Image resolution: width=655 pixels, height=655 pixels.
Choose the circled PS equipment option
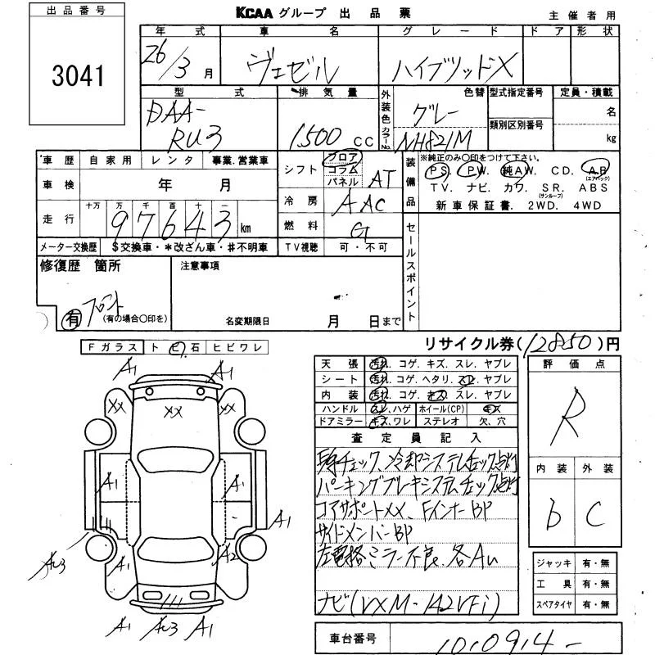[x=440, y=171]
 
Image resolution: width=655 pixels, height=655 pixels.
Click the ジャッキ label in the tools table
[x=548, y=563]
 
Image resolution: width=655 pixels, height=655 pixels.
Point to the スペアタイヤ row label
[x=552, y=605]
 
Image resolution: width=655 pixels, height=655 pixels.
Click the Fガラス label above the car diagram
[x=113, y=348]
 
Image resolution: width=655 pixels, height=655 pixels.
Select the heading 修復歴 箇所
[x=80, y=265]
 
